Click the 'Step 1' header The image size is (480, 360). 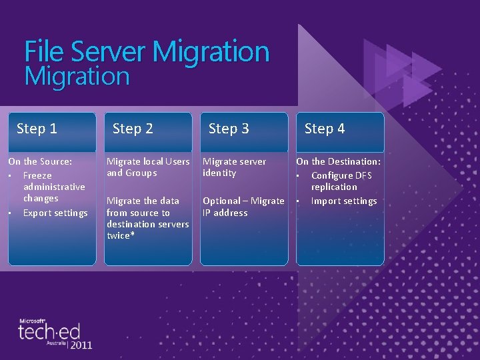click(37, 129)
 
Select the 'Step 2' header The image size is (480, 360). click(133, 129)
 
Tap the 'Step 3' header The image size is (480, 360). click(229, 129)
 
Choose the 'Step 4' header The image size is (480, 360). click(325, 129)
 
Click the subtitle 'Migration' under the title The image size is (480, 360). click(77, 76)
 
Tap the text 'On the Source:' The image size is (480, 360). click(39, 161)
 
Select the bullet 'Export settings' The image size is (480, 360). click(55, 213)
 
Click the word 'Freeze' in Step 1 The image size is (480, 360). click(37, 175)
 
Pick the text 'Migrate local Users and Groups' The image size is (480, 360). click(148, 167)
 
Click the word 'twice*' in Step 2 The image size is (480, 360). click(121, 235)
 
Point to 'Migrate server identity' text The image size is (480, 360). click(234, 167)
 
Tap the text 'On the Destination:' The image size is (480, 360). click(339, 161)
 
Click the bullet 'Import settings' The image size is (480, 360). click(344, 201)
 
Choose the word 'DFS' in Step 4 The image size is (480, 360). click(363, 175)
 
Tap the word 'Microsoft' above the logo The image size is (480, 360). click(33, 320)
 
